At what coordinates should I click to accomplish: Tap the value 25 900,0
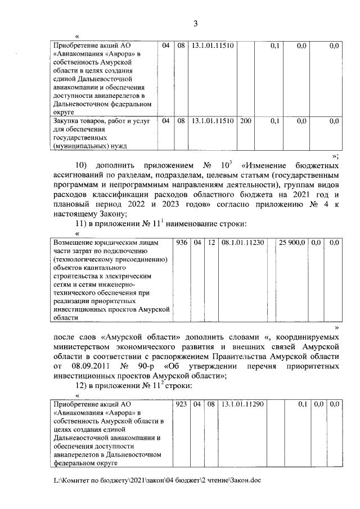[x=292, y=243]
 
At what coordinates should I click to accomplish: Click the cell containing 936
[x=181, y=243]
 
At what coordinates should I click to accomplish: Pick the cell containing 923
[x=181, y=404]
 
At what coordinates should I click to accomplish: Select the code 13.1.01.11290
[x=243, y=404]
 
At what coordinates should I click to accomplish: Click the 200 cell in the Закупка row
[x=245, y=121]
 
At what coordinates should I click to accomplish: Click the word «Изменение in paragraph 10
[x=268, y=167]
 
